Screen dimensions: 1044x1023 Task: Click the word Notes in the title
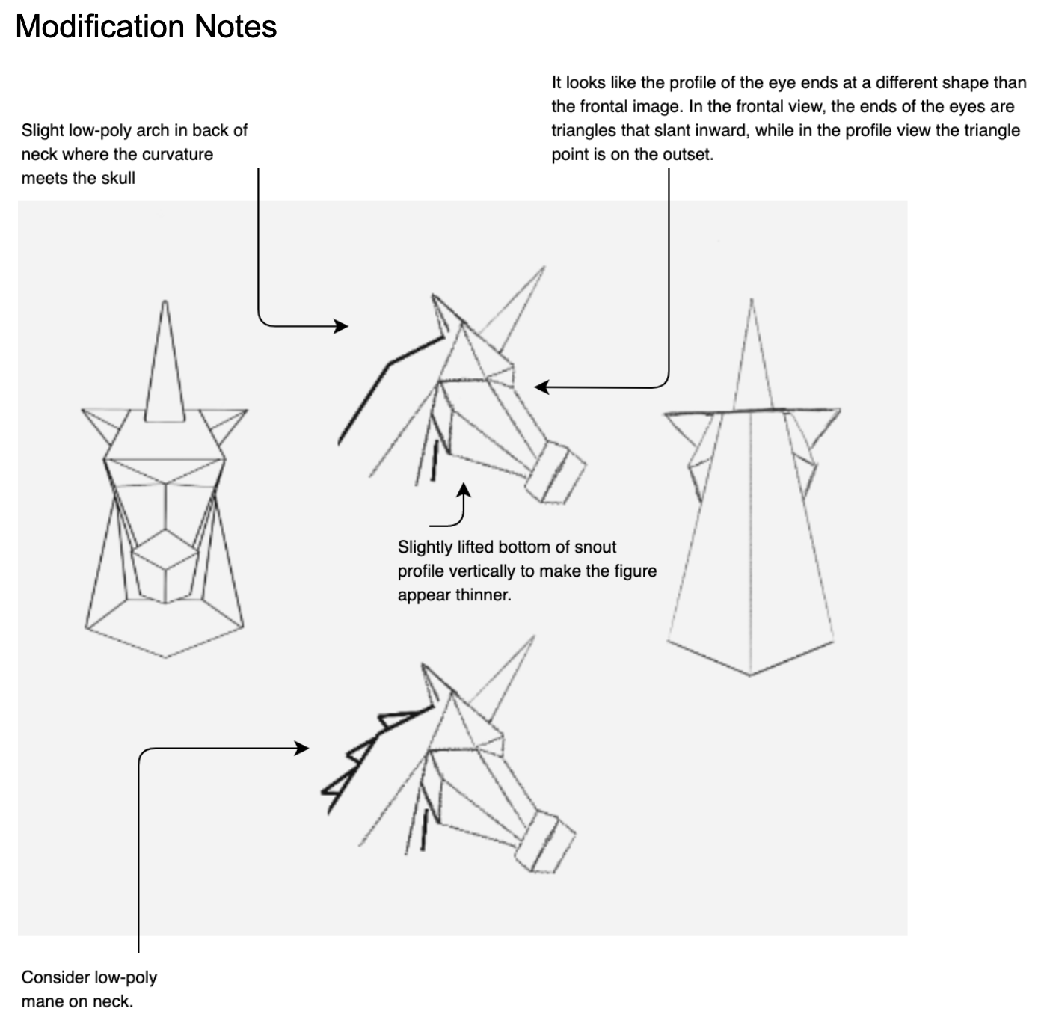tap(235, 26)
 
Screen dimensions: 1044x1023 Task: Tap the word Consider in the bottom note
tap(56, 977)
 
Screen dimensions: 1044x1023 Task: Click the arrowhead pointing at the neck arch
tap(341, 326)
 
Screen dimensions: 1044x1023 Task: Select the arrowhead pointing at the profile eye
tap(541, 387)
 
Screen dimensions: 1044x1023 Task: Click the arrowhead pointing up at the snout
tap(463, 490)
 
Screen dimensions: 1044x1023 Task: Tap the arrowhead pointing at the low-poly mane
tap(302, 749)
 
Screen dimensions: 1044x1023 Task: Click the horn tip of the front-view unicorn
tap(165, 302)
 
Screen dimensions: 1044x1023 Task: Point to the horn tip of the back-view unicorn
tap(751, 300)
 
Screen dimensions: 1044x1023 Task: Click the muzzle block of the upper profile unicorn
tap(556, 472)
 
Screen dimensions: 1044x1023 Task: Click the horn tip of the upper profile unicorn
tap(544, 267)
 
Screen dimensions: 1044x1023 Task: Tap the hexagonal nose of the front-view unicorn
tap(165, 566)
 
